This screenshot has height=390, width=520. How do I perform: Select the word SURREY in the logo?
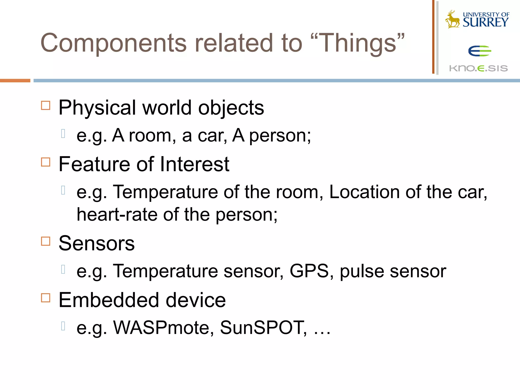(x=485, y=22)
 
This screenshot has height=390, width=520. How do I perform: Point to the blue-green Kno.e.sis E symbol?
(x=479, y=51)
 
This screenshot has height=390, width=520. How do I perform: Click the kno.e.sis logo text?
(x=478, y=68)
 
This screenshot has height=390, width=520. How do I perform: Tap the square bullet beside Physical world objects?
(x=46, y=105)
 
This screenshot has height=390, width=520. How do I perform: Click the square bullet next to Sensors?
(x=46, y=241)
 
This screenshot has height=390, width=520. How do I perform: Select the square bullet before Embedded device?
(x=46, y=298)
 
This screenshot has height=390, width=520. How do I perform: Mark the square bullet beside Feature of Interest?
(x=46, y=162)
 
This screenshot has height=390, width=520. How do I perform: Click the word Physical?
(x=97, y=108)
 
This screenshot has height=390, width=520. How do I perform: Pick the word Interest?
(x=195, y=164)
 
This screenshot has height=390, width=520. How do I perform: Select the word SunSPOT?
(x=263, y=328)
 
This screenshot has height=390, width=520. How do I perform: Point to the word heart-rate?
(x=117, y=215)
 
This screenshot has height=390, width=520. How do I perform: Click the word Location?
(x=364, y=192)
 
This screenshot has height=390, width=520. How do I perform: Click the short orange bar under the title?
(x=15, y=81)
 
